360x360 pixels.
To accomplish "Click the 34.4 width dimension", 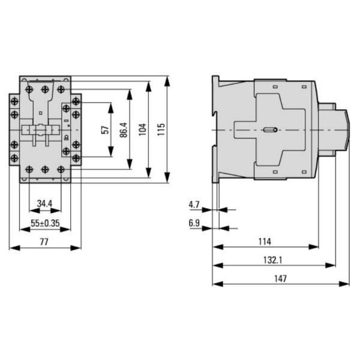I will tap(44, 204).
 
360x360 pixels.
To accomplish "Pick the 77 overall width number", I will tap(45, 241).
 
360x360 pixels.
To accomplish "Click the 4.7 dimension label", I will tap(194, 205).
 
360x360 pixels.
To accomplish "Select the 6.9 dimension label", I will tap(194, 223).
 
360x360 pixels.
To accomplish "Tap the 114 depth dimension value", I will tap(265, 241).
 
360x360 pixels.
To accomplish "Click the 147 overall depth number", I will tap(281, 278).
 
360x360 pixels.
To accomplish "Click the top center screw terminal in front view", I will tap(45, 88).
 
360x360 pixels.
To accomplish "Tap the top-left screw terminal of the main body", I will tap(30, 88).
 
